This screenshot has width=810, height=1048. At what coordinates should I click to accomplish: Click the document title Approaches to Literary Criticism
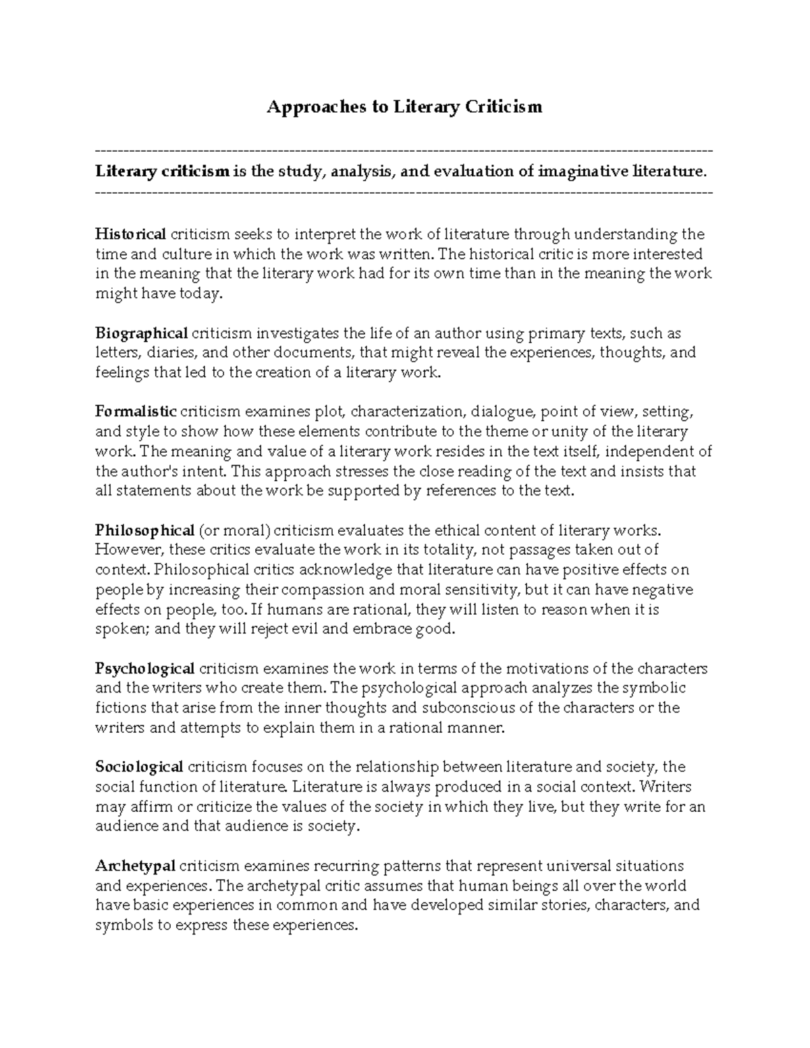(404, 107)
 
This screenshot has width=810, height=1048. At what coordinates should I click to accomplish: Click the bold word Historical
(130, 234)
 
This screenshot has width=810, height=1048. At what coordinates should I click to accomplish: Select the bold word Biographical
(141, 333)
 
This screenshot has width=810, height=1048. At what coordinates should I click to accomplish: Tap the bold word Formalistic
(136, 412)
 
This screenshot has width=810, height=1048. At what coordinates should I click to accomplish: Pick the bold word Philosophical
(144, 530)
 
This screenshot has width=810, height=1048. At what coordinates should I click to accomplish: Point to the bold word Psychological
(144, 669)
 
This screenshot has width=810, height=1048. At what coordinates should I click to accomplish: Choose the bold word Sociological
(139, 767)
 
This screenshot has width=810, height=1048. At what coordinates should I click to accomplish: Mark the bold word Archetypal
(135, 866)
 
